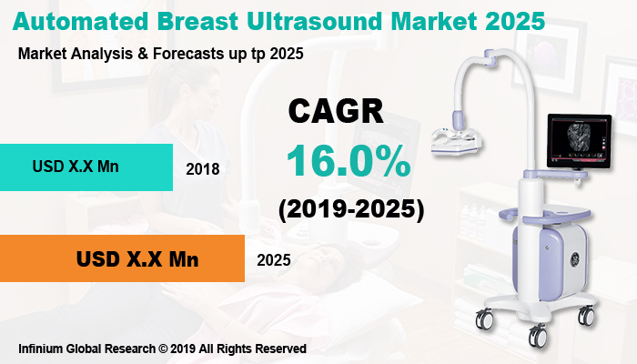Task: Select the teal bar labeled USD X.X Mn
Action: tap(86, 167)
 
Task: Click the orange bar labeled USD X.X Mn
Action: tap(122, 258)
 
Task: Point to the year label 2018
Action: tap(202, 169)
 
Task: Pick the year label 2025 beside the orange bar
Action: tap(273, 260)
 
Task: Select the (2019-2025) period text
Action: tap(351, 209)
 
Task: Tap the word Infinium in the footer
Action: tap(42, 349)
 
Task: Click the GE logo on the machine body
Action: tap(545, 257)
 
